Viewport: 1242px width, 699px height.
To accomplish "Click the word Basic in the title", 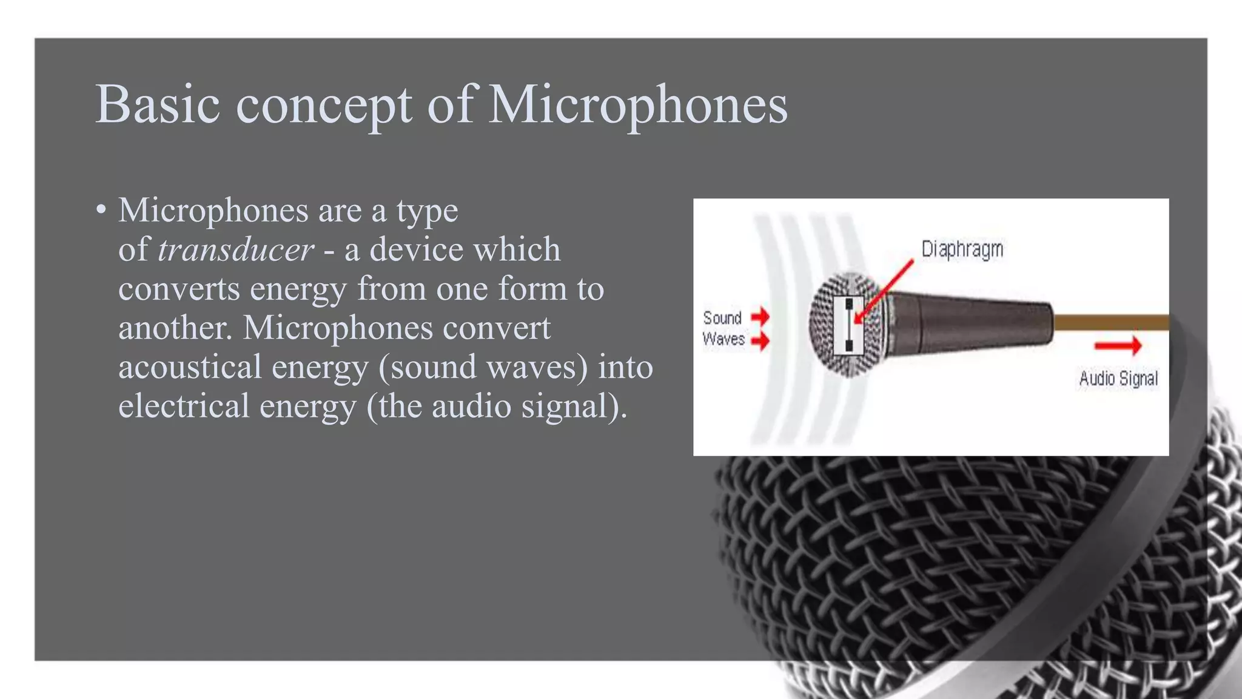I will pos(158,104).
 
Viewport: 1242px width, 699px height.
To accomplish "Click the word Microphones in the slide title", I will pos(637,104).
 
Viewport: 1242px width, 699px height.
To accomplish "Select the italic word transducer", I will pos(236,249).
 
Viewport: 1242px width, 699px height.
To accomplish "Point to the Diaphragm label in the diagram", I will pos(962,249).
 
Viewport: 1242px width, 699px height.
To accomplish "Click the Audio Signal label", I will pos(1118,379).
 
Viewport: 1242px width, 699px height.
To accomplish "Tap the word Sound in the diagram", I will pos(722,318).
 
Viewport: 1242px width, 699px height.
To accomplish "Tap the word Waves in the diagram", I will pos(723,339).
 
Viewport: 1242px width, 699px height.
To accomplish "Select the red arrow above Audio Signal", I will pos(1118,346).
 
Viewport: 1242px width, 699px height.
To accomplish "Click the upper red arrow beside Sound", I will pos(760,316).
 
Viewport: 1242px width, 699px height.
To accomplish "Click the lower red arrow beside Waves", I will pos(760,340).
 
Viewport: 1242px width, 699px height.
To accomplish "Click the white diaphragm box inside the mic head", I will pos(848,325).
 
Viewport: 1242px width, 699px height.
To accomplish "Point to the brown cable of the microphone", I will pos(1110,322).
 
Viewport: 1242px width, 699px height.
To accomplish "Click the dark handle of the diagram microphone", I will pos(970,325).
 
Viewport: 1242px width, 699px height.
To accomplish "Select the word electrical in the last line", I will pos(184,406).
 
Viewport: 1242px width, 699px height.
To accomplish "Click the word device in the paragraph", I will pos(415,249).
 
